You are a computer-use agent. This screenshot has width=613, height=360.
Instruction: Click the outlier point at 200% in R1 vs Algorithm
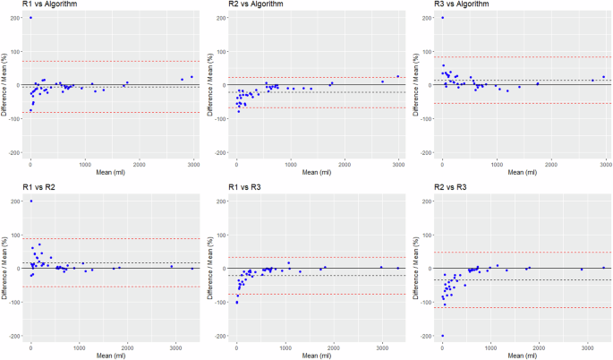[x=31, y=18]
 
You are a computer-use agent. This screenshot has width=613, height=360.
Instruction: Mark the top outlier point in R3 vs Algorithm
[x=442, y=18]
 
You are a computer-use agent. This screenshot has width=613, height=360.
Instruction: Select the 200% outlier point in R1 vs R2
[x=31, y=201]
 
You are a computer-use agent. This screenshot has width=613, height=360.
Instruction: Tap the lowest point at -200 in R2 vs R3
[x=442, y=336]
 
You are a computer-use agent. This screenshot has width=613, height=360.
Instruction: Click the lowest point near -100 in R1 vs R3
[x=236, y=303]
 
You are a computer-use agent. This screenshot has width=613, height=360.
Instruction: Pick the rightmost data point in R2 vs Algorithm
[x=398, y=76]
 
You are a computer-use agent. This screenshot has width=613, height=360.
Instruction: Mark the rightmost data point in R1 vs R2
[x=192, y=268]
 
